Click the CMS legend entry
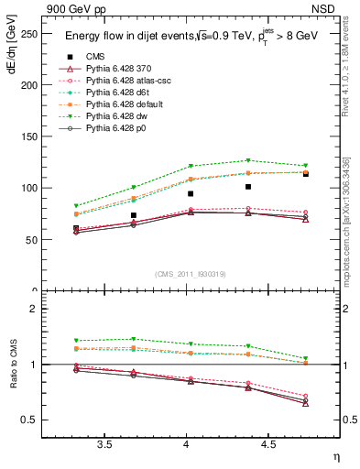coord(99,57)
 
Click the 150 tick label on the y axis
coord(30,136)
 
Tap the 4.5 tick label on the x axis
coord(267,444)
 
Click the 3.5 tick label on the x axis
coord(105,444)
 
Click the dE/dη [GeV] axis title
coord(11,59)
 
